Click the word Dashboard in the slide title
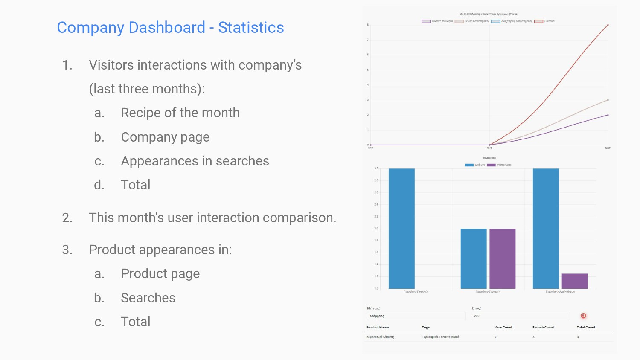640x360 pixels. pos(167,28)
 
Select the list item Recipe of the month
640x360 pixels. pos(180,113)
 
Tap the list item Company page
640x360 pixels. pos(165,137)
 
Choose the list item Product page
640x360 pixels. pos(160,274)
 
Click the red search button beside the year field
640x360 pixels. pos(583,316)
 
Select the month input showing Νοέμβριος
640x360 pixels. pos(416,316)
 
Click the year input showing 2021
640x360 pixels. pos(520,316)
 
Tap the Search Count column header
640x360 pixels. pos(543,328)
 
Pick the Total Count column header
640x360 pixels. pos(586,328)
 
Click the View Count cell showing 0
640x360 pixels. pos(495,337)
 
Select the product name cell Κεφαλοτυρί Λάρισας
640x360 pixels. pos(380,337)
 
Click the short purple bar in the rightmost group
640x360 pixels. pos(575,281)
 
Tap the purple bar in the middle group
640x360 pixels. pos(502,258)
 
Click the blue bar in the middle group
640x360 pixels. pos(474,258)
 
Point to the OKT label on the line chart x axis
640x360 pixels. pos(489,148)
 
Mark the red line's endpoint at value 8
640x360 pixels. pos(608,25)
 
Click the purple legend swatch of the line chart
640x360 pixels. pos(426,21)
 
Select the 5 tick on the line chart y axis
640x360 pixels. pos(368,70)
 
